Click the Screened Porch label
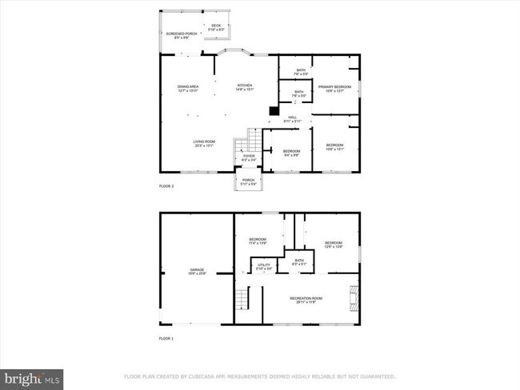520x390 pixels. click(x=177, y=35)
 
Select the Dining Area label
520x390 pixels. click(x=188, y=87)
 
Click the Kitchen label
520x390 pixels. click(x=244, y=87)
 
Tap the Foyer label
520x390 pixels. click(x=249, y=157)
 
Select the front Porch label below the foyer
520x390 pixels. click(x=248, y=182)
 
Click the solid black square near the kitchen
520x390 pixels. click(x=273, y=111)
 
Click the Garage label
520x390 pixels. click(x=197, y=272)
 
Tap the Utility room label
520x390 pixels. click(x=264, y=265)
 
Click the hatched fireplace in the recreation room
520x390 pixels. click(x=354, y=297)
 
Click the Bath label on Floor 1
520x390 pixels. click(x=299, y=261)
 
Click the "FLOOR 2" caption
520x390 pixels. click(x=166, y=186)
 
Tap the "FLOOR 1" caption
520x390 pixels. click(x=166, y=339)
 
